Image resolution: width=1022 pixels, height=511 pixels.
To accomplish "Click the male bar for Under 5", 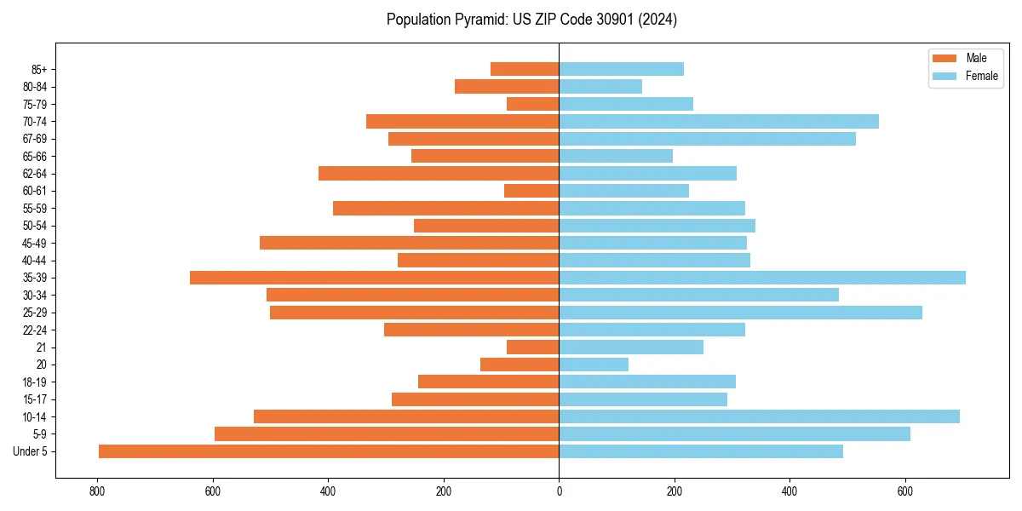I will (329, 451).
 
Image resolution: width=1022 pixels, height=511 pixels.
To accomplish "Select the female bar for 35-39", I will (762, 278).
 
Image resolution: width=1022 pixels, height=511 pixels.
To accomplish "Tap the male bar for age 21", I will (532, 347).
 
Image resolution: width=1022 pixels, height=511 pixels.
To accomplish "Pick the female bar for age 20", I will (594, 365).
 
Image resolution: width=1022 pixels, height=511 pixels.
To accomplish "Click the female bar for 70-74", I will (719, 122).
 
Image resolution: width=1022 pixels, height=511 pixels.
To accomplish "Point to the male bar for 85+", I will (525, 70).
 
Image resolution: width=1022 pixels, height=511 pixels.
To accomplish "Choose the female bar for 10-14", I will (759, 416).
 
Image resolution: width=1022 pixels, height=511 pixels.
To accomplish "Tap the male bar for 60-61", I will (531, 191).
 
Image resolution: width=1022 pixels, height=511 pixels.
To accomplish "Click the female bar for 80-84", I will (600, 87).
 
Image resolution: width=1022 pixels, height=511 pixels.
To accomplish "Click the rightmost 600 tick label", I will (905, 491).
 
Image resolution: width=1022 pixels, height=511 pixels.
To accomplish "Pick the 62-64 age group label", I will (36, 174).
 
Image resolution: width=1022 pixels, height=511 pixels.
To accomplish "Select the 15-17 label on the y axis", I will (36, 399).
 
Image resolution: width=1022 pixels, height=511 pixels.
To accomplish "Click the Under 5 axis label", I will (30, 451).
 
